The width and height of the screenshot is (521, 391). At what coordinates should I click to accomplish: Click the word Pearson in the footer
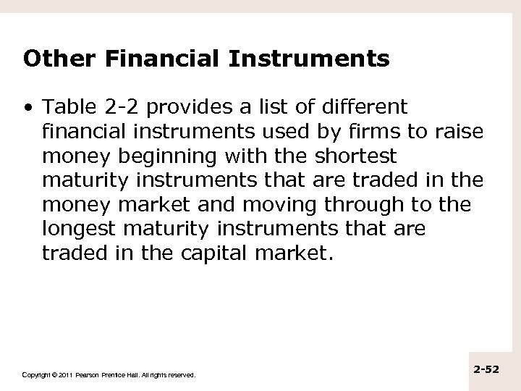pos(90,374)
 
